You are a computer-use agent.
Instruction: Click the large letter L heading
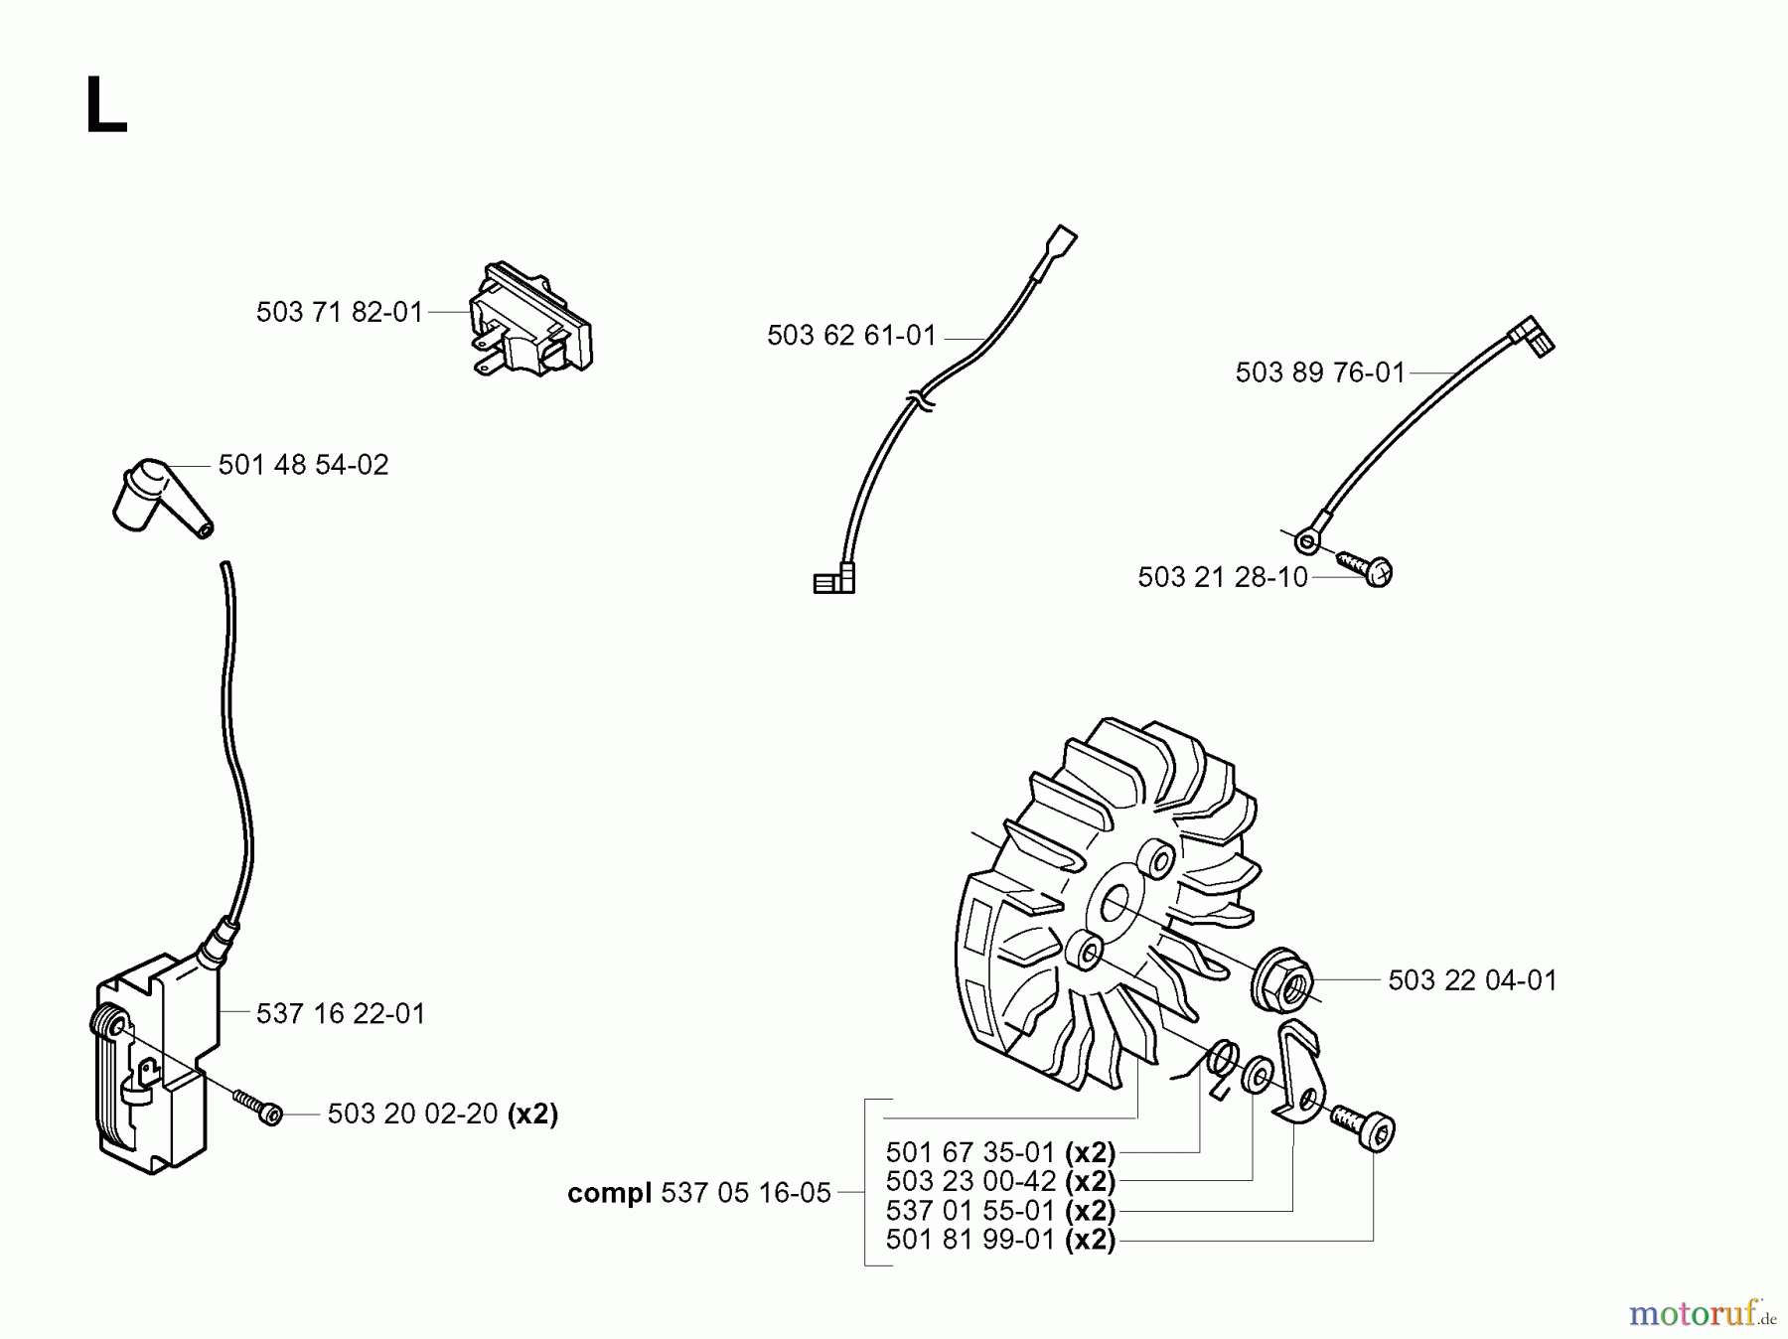click(x=105, y=106)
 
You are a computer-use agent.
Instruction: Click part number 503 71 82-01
click(x=340, y=313)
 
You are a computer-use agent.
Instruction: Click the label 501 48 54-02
click(x=303, y=465)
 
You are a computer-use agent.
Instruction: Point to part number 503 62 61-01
click(x=851, y=336)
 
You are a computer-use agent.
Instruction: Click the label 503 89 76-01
click(x=1320, y=372)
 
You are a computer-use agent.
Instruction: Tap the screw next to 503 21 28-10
click(x=1367, y=568)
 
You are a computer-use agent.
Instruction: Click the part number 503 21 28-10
click(x=1222, y=577)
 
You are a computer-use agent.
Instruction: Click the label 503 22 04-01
click(x=1472, y=980)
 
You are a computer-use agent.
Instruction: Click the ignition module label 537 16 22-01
click(x=341, y=1014)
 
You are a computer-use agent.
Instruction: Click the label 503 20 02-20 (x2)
click(x=443, y=1115)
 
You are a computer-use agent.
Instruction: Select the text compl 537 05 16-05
click(x=698, y=1193)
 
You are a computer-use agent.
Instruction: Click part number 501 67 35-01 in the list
click(x=969, y=1152)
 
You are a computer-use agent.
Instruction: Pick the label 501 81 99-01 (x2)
click(x=1000, y=1240)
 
